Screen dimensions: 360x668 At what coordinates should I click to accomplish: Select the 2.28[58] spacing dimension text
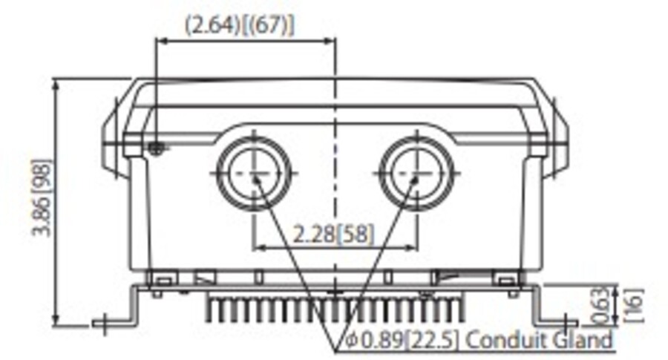[333, 235]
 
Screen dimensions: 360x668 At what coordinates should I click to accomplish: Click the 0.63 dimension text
[604, 304]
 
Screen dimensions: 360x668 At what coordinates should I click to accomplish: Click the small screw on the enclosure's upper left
[155, 148]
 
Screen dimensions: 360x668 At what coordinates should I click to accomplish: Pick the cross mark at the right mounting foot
[569, 322]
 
